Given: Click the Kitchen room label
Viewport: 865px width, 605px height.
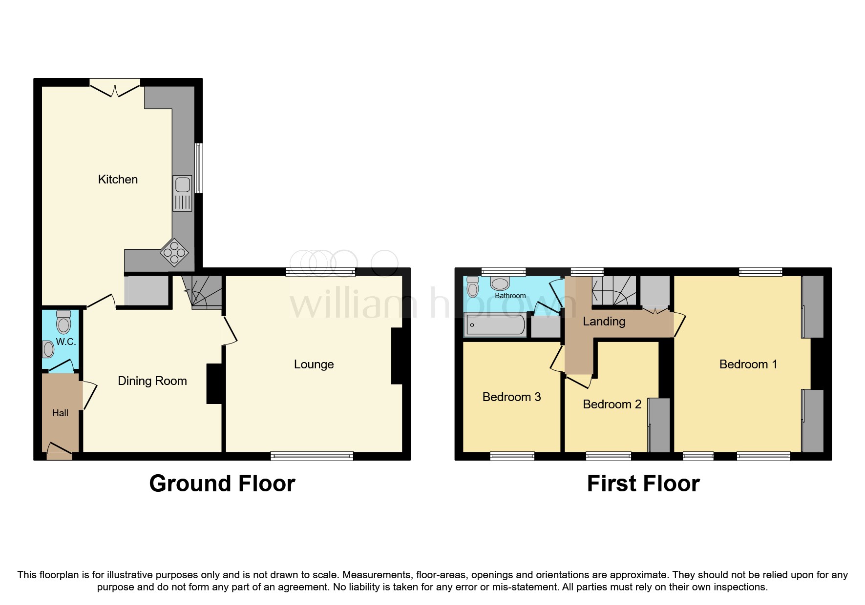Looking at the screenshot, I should point(118,180).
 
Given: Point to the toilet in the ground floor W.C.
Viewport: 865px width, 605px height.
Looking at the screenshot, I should point(63,322).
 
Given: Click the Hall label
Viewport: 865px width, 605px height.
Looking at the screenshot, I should point(60,413).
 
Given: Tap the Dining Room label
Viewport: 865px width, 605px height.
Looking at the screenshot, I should point(152,381).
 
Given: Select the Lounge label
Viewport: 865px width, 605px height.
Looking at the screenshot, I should point(314,364).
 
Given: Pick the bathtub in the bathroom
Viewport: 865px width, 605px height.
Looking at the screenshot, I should point(495,325).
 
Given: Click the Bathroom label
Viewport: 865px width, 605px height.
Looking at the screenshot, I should point(510,296).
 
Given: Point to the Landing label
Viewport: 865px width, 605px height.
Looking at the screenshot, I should point(604,322).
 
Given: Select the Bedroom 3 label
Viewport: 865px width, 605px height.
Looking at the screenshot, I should point(511,397).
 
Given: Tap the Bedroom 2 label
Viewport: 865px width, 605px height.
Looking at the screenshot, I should point(612,404).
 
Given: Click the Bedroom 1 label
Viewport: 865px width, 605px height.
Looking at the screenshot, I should point(748,364).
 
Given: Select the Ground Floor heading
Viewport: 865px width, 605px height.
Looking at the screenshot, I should point(222,484).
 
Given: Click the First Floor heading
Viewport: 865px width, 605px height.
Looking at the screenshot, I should point(643,484).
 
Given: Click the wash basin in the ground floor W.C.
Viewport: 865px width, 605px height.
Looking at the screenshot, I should point(48,349).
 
